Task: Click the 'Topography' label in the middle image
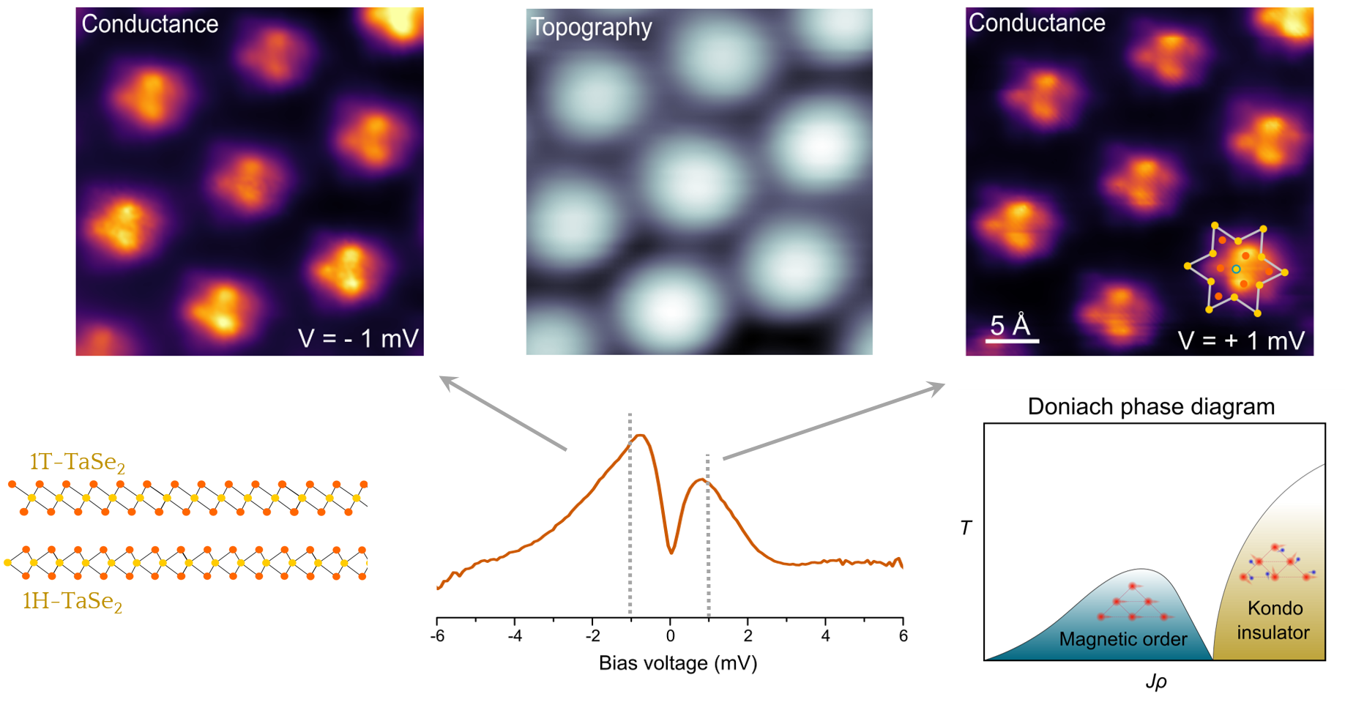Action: [x=591, y=27]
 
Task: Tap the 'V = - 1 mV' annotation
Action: [x=358, y=338]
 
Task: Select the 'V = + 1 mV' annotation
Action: [x=1241, y=340]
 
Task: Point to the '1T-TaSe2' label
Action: [x=77, y=462]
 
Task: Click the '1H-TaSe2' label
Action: [x=72, y=601]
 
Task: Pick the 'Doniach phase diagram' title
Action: [x=1151, y=406]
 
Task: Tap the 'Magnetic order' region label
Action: [x=1123, y=639]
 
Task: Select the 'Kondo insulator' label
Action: [x=1274, y=620]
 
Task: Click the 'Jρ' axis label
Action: [x=1156, y=682]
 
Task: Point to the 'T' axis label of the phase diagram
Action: [x=966, y=527]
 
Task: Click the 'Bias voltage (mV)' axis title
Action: [x=678, y=663]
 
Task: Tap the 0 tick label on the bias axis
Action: [x=670, y=636]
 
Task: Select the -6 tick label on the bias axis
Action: [x=437, y=636]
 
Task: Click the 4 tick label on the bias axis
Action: [x=825, y=636]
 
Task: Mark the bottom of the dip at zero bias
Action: [x=671, y=551]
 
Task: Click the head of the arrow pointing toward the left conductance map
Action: [x=442, y=378]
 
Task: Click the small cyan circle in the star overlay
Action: [x=1236, y=269]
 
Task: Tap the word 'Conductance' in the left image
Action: [x=150, y=24]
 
